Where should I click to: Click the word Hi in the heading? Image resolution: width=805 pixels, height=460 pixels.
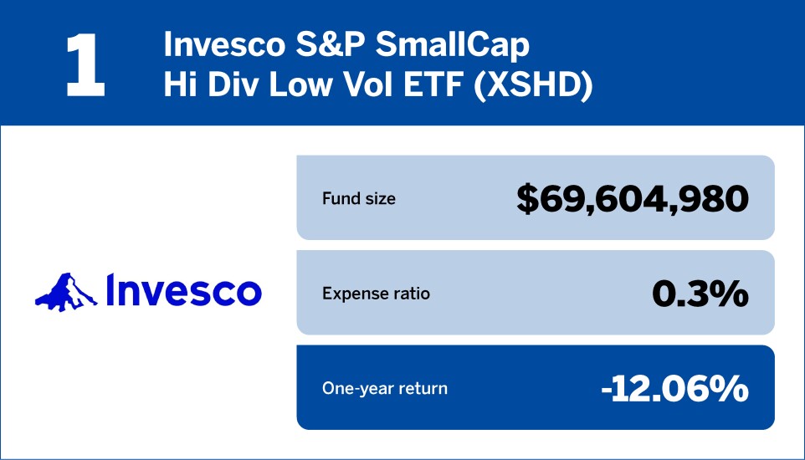pyautogui.click(x=178, y=87)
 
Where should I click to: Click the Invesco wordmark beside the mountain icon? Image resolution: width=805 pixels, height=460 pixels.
pyautogui.click(x=184, y=290)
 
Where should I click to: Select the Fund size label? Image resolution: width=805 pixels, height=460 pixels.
pyautogui.click(x=359, y=199)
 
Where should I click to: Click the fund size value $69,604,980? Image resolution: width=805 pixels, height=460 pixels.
pyautogui.click(x=632, y=199)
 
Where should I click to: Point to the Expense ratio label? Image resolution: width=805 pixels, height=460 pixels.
pyautogui.click(x=376, y=294)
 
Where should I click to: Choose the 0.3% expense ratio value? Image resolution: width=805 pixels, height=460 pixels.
pyautogui.click(x=700, y=294)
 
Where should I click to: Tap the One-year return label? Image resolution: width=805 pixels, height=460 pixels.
pyautogui.click(x=385, y=388)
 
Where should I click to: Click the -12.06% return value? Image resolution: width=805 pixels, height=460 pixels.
pyautogui.click(x=674, y=388)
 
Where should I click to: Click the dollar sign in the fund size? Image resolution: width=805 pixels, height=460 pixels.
pyautogui.click(x=527, y=199)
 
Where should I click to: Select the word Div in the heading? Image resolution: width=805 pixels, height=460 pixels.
pyautogui.click(x=224, y=87)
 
